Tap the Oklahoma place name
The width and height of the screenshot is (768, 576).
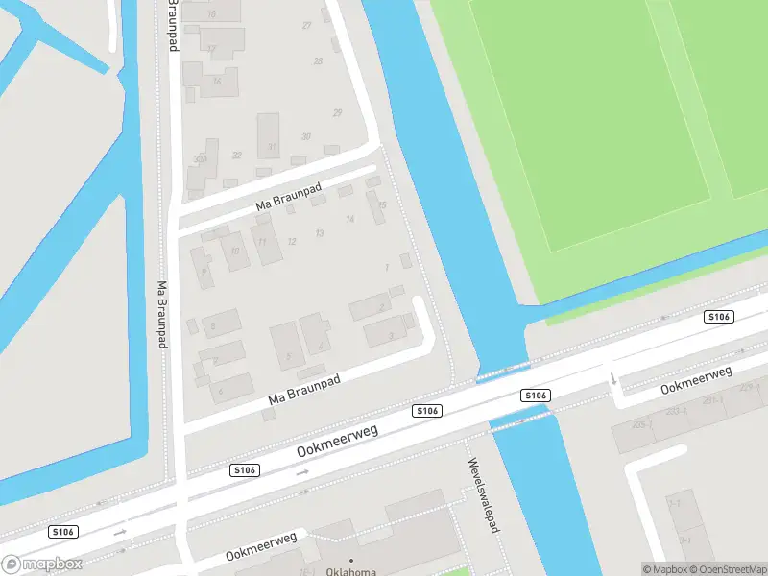pos(350,572)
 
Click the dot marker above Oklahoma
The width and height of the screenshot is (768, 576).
pos(350,560)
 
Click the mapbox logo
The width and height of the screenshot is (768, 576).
pos(42,564)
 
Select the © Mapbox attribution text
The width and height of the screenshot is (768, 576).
pos(665,569)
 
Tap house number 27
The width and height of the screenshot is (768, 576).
pos(307,26)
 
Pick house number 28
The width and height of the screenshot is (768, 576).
pos(318,61)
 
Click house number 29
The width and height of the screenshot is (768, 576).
pos(337,113)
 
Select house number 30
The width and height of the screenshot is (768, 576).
pos(305,136)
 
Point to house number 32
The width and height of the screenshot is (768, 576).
pos(236,155)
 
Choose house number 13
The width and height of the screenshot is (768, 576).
pos(320,233)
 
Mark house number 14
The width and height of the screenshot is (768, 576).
pos(349,220)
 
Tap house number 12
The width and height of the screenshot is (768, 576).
pos(292,241)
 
